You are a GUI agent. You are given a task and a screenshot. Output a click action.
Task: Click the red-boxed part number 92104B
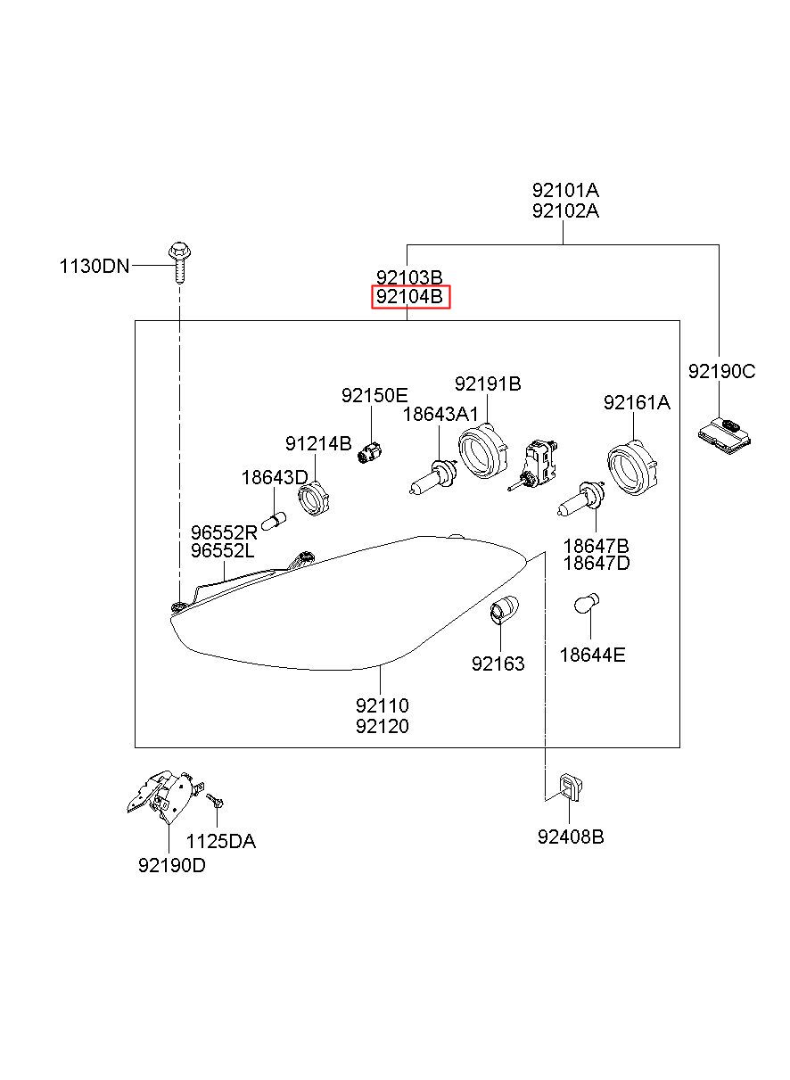pyautogui.click(x=409, y=296)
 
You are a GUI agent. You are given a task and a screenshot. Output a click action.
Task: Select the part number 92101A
pyautogui.click(x=565, y=191)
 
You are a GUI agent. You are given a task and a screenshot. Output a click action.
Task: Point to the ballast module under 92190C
pyautogui.click(x=724, y=436)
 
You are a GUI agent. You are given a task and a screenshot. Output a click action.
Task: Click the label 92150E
pyautogui.click(x=374, y=395)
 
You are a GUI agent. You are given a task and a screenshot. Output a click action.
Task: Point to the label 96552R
pyautogui.click(x=224, y=532)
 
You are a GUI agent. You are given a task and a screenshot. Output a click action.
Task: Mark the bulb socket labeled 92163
pyautogui.click(x=504, y=608)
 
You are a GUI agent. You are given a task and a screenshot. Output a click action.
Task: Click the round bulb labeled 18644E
pyautogui.click(x=587, y=604)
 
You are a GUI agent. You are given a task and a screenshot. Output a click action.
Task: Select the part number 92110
pyautogui.click(x=383, y=705)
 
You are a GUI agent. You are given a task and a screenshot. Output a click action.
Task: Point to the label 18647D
pyautogui.click(x=597, y=563)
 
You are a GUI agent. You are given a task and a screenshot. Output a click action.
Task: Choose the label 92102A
pyautogui.click(x=565, y=210)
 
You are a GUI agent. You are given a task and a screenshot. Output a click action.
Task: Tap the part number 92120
pyautogui.click(x=383, y=726)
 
